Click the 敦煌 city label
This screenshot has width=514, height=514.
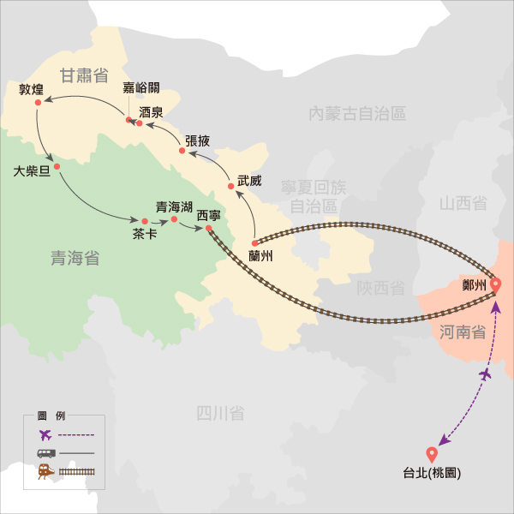click(30, 89)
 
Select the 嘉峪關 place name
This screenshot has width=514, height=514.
click(141, 89)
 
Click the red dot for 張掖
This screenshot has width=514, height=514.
click(182, 151)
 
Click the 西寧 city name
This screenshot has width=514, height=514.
click(209, 215)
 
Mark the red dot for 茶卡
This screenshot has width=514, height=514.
click(145, 222)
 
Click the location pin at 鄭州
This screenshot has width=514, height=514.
click(495, 287)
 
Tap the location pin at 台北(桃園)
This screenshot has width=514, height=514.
click(432, 455)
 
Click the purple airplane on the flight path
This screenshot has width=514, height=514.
click(485, 375)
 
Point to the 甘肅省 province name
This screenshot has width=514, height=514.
click(84, 75)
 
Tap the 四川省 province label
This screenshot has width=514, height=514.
click(220, 414)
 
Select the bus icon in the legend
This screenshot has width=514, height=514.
click(45, 453)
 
